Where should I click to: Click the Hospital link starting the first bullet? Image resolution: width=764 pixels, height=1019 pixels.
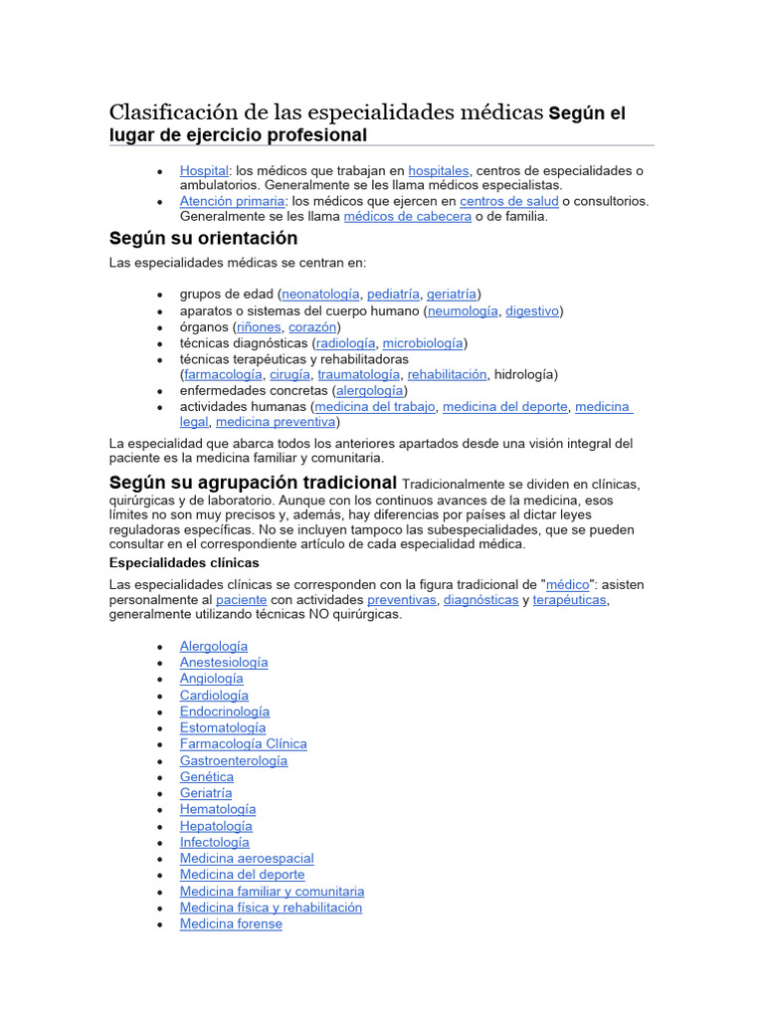(x=204, y=170)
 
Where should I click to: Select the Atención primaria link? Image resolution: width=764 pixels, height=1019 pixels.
(x=232, y=201)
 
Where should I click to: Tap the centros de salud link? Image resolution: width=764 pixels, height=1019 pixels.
(x=508, y=201)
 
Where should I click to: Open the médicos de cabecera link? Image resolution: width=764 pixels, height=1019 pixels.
(x=408, y=216)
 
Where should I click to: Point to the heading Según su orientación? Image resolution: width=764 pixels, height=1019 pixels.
(x=203, y=239)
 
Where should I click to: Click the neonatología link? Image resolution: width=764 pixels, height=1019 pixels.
(x=321, y=294)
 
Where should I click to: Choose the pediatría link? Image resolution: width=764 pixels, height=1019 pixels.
(x=393, y=294)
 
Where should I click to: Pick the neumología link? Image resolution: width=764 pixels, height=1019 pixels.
(x=463, y=310)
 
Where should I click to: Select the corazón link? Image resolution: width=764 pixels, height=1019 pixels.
(x=312, y=326)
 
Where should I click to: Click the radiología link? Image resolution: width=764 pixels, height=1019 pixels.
(x=345, y=342)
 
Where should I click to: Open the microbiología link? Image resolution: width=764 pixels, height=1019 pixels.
(x=423, y=342)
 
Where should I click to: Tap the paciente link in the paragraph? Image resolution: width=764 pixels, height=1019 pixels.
(x=241, y=600)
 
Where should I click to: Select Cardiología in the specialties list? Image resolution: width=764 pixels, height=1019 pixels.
(x=214, y=695)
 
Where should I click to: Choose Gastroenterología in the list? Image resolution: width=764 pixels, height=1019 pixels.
(x=234, y=760)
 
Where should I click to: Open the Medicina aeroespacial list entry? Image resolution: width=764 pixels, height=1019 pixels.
(x=247, y=858)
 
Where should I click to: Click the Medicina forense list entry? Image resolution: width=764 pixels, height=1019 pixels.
(x=231, y=923)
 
